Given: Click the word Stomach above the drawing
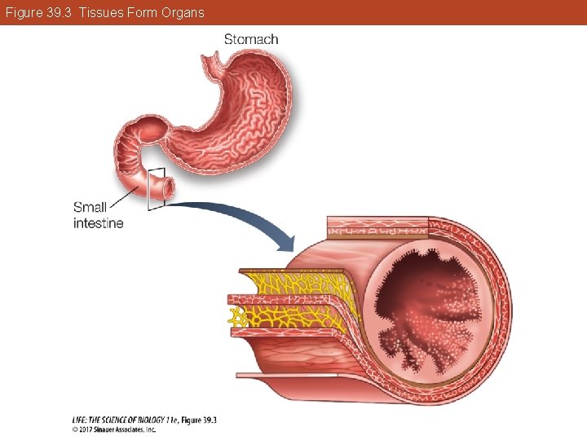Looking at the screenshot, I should [x=251, y=39].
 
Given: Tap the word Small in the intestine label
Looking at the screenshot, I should [x=90, y=207].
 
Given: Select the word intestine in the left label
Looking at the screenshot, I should [x=99, y=223].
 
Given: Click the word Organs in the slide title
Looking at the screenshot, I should [x=183, y=13].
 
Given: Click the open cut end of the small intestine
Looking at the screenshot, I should [x=167, y=188].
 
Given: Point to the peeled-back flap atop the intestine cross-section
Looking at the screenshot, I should [x=377, y=226].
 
